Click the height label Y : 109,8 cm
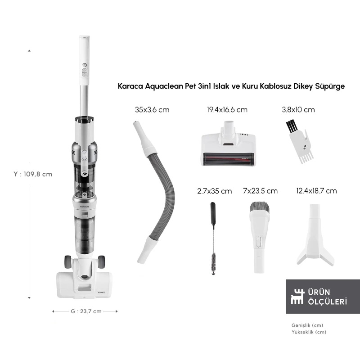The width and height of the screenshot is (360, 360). pos(33,174)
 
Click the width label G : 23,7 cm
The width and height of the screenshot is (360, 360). pos(86,311)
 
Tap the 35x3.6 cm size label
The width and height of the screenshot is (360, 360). pos(152,110)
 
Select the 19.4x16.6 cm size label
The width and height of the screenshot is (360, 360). pos(227,110)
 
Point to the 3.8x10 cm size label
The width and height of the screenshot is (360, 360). pos(298,110)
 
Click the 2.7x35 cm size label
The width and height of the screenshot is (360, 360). pos(215,191)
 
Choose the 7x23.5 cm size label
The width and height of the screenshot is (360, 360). pos(260,191)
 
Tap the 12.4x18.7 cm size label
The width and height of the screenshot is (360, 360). pos(316,191)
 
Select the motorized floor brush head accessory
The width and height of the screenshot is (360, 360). pos(228,144)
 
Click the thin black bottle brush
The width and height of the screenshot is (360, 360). pos(213,239)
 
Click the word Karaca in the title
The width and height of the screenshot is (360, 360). pos(130,86)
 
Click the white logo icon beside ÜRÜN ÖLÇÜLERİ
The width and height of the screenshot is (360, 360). pos(297,297)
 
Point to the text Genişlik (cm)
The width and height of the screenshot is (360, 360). pos(307,325)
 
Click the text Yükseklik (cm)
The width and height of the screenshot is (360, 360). pos(309,332)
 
